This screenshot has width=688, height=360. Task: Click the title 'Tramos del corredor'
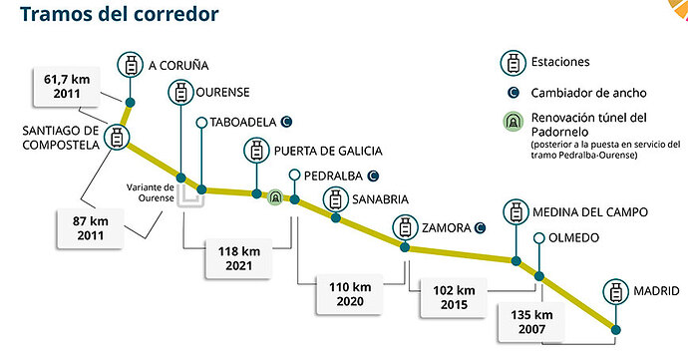120,14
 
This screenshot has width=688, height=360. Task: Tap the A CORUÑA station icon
130,65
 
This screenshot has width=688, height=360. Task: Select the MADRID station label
656,290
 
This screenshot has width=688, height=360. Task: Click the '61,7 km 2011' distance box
67,87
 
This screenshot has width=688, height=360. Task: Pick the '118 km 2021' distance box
239,258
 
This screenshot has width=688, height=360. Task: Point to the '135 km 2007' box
531,322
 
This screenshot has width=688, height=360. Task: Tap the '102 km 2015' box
454,297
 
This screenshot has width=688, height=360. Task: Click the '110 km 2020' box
350,294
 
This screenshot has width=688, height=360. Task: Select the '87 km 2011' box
91,227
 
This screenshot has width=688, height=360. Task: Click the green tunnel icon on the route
275,197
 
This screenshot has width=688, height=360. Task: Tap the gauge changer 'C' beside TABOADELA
286,122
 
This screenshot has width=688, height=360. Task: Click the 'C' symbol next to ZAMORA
480,227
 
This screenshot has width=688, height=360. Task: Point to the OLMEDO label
573,238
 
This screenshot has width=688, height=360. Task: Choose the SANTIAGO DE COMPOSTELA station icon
117,138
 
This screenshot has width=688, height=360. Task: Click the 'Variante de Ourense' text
150,192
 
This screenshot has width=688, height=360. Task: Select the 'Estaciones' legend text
560,62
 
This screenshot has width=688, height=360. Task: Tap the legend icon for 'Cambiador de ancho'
513,93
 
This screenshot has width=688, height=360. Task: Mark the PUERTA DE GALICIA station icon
256,151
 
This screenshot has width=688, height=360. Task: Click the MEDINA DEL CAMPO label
590,212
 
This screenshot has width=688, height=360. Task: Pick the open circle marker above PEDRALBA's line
294,176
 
